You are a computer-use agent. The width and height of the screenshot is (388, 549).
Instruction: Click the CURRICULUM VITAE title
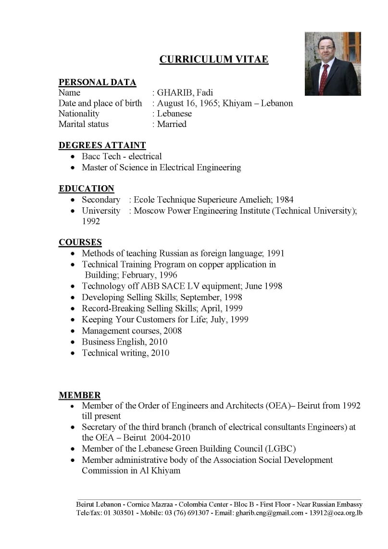pos(213,60)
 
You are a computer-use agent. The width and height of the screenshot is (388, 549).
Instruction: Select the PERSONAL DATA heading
pos(97,82)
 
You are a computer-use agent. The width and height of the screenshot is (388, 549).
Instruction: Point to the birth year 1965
pos(208,103)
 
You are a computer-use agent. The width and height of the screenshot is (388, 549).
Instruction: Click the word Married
pos(172,124)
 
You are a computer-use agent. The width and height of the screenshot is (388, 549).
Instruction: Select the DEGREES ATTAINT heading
pos(102,145)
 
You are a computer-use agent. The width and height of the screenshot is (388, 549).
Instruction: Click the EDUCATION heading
pos(87,189)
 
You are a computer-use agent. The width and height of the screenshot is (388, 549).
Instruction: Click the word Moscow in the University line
pos(149,211)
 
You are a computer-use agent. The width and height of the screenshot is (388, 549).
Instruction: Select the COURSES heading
pos(80,243)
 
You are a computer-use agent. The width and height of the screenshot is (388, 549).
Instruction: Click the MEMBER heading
pos(80,396)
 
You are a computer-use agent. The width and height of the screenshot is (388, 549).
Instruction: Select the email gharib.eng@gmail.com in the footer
pos(269,513)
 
